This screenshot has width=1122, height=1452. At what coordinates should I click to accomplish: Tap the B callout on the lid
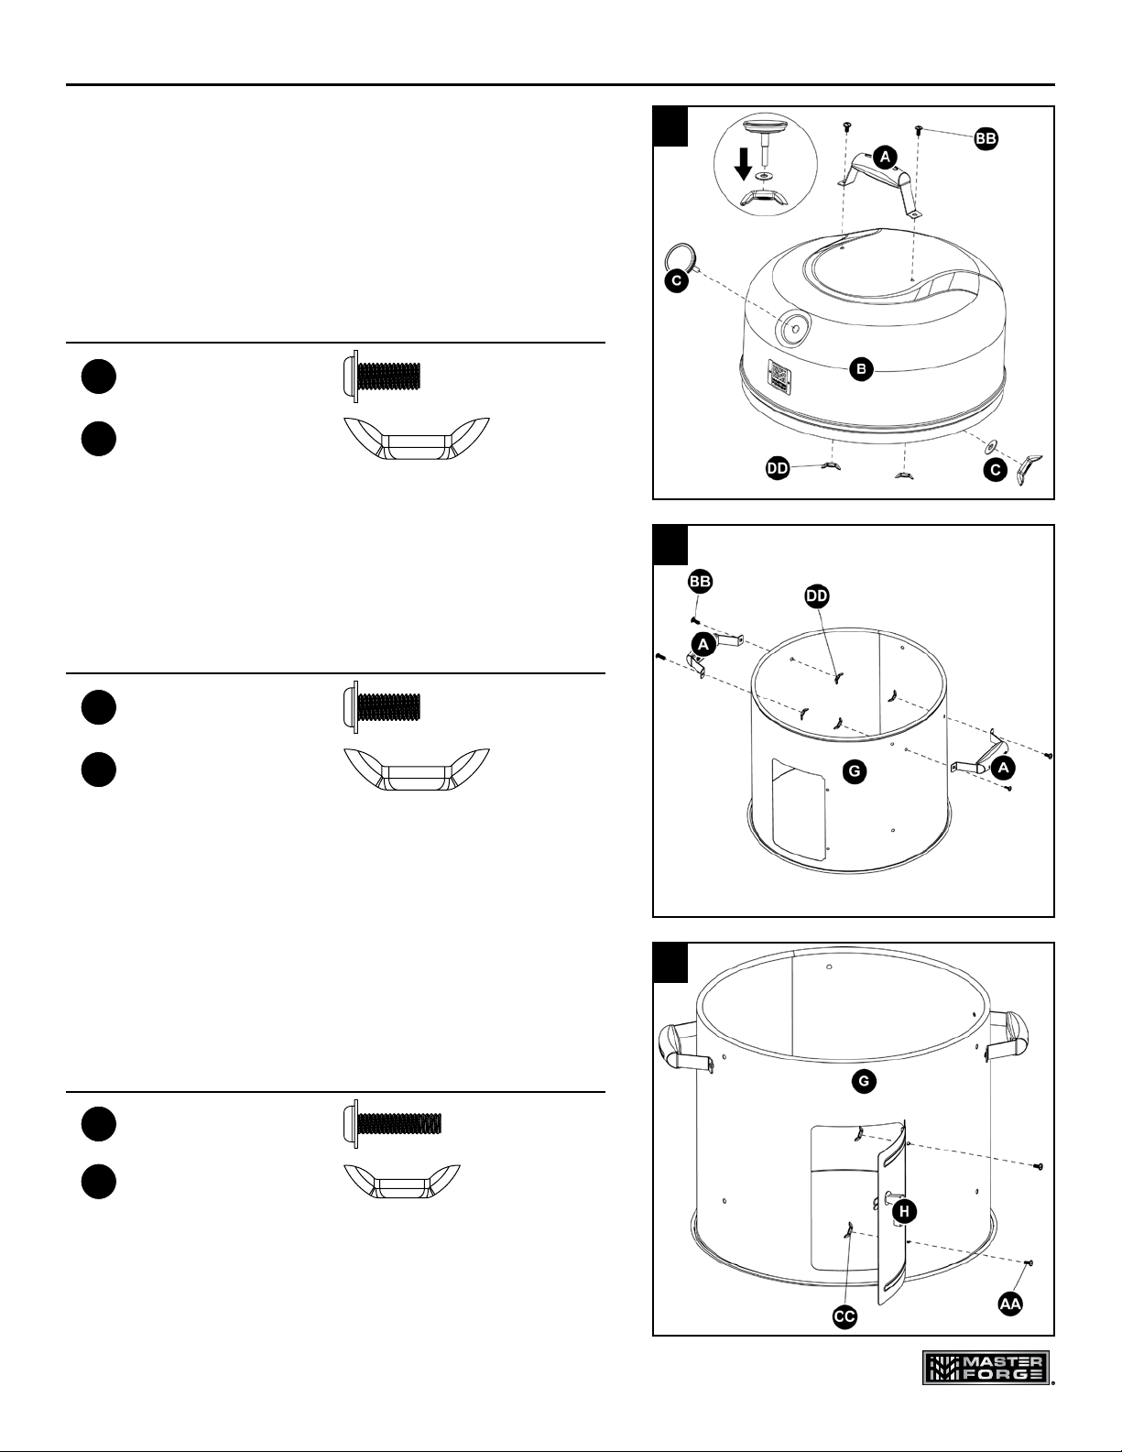(x=861, y=370)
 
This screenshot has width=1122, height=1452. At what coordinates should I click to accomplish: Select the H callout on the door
(x=903, y=1211)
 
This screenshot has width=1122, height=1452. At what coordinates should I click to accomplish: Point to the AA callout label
(x=1009, y=1302)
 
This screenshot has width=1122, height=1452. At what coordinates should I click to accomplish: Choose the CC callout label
(x=844, y=1316)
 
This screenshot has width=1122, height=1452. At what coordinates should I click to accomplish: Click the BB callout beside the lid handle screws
(x=986, y=139)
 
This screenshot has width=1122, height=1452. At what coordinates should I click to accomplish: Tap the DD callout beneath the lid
(x=778, y=470)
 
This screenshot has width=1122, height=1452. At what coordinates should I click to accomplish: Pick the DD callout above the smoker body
(x=816, y=596)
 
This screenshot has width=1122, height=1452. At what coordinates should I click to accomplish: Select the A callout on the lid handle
(x=884, y=156)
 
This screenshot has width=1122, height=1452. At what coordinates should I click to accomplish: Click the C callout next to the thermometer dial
(x=676, y=281)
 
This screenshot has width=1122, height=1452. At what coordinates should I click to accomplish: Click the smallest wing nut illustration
(x=402, y=1182)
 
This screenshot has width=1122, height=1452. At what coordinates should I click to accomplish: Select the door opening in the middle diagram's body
(x=798, y=808)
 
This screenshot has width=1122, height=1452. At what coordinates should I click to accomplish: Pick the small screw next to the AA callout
(x=1030, y=1263)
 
